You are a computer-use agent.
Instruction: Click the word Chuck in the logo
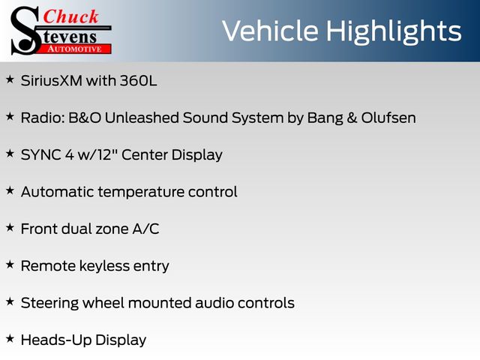pos(70,16)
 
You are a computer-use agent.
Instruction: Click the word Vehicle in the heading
pos(270,31)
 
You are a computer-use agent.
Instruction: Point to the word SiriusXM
pos(52,81)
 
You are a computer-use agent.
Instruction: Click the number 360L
pos(138,81)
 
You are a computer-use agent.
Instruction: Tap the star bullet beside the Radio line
pos(10,117)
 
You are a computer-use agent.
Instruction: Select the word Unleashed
pos(142,118)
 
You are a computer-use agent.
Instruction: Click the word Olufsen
pos(388,118)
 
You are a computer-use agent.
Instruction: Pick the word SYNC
pos(41,155)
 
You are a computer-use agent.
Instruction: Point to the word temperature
pos(141,193)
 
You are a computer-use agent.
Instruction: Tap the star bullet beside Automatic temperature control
pos(10,190)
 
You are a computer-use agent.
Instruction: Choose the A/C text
pos(145,229)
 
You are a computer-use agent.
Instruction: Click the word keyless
pos(104,266)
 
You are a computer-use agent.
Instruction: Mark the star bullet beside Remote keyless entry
pos(10,265)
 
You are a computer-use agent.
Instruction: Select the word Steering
pos(49,304)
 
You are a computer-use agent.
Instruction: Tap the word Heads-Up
pos(56,340)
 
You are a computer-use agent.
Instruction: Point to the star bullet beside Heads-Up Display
pos(10,339)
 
